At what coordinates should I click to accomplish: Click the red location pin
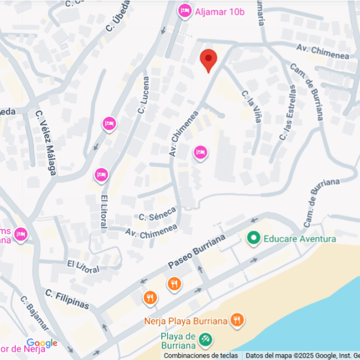[x=208, y=60]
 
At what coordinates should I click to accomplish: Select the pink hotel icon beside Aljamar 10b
[x=185, y=11]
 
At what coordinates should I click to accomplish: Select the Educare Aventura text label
[x=299, y=238]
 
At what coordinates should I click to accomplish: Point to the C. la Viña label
[x=251, y=106]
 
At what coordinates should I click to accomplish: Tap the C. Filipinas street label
[x=67, y=299]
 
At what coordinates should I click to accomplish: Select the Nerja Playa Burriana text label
[x=186, y=322]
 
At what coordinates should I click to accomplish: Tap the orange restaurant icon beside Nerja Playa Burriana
[x=237, y=320]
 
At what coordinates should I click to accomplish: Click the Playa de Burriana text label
[x=179, y=341]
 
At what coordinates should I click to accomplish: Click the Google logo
[x=42, y=343]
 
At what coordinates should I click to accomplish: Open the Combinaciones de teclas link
[x=201, y=355]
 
